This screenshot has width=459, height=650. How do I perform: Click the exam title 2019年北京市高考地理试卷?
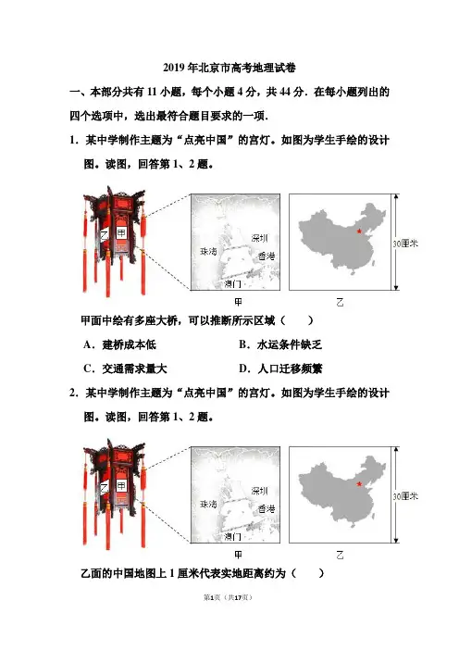click(229, 68)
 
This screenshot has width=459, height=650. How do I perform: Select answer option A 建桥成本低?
click(119, 344)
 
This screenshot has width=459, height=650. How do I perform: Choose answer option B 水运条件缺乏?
click(280, 344)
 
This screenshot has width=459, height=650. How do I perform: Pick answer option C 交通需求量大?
click(125, 369)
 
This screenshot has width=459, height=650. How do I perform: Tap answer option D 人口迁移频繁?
click(280, 369)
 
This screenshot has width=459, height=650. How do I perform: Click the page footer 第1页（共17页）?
click(228, 597)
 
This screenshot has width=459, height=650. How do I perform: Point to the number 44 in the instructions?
click(285, 92)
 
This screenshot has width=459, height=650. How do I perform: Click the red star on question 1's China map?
click(359, 231)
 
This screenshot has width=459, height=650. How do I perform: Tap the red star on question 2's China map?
click(359, 483)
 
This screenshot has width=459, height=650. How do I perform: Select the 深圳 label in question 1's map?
click(260, 238)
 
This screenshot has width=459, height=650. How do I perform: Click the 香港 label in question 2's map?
click(267, 508)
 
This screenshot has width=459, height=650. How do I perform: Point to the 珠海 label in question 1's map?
click(208, 251)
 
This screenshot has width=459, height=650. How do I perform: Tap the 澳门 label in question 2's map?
click(232, 536)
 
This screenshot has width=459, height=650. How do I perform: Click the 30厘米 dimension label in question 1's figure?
click(405, 244)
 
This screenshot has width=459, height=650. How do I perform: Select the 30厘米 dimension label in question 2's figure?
click(405, 496)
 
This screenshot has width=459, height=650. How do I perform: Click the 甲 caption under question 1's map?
click(238, 302)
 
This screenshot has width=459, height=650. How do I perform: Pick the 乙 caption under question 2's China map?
click(341, 555)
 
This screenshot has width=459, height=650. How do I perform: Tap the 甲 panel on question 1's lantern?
click(121, 233)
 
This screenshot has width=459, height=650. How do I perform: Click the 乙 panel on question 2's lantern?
click(104, 488)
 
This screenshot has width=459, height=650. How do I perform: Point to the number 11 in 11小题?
click(152, 92)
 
